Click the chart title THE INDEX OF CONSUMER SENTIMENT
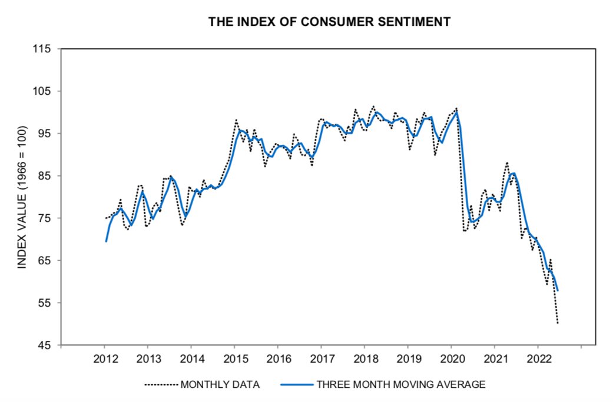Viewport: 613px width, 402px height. click(330, 22)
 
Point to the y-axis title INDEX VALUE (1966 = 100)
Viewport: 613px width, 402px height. click(22, 197)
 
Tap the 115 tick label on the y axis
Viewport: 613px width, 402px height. click(44, 49)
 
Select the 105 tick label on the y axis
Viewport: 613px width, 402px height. click(44, 91)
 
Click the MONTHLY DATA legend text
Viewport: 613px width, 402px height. click(220, 385)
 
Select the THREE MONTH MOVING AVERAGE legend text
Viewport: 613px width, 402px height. click(401, 385)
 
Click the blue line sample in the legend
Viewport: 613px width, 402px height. click(297, 385)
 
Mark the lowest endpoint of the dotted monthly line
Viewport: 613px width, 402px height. click(557, 323)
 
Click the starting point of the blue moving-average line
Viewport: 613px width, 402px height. click(106, 241)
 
